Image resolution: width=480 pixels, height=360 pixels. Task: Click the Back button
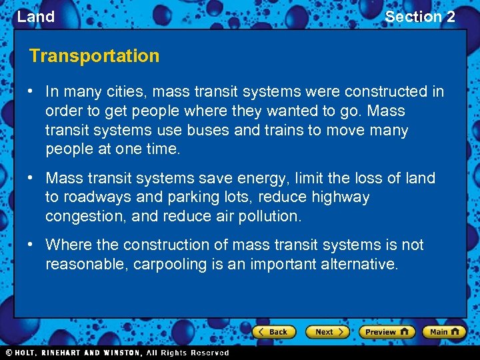pos(273,331)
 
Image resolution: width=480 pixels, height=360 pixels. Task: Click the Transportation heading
pos(94,56)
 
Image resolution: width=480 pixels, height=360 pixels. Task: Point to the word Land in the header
pos(35,17)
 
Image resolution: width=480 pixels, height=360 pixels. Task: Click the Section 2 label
pos(420,17)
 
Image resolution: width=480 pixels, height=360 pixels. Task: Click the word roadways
pos(93,197)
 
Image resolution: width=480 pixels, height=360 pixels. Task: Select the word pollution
pos(267,217)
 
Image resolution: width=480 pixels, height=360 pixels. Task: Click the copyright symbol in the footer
pos(9,353)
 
